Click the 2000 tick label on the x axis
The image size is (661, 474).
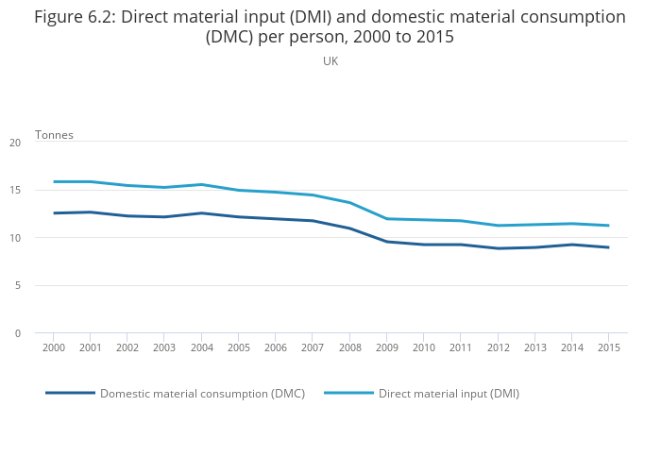[x=53, y=347]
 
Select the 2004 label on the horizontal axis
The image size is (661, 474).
[x=201, y=347]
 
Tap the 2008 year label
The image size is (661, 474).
[x=349, y=347]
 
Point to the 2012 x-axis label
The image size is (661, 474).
[x=498, y=347]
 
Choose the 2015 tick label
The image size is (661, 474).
[x=608, y=347]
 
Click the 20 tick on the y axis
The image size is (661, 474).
[x=15, y=143]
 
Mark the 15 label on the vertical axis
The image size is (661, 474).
[x=15, y=190]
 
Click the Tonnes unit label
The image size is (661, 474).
[x=54, y=135]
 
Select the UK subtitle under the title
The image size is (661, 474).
[x=330, y=60]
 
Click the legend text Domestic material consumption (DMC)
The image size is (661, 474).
[x=202, y=394]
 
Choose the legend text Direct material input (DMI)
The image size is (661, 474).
[x=449, y=394]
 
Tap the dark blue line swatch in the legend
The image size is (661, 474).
[x=70, y=393]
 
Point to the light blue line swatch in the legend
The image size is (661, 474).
[x=348, y=393]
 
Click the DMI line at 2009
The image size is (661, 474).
[x=386, y=219]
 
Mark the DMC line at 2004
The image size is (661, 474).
[x=201, y=212]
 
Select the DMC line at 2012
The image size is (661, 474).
[x=498, y=248]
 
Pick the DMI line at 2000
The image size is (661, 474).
[x=54, y=181]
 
